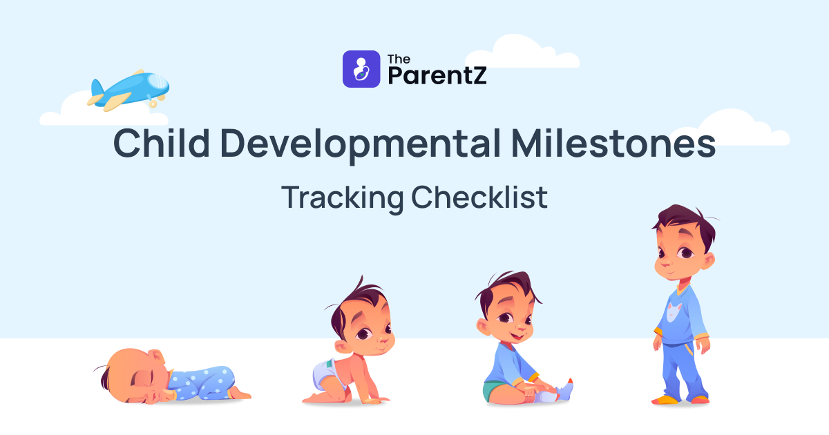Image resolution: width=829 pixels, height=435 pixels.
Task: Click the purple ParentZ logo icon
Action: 361,69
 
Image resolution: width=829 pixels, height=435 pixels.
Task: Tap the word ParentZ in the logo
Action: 437,75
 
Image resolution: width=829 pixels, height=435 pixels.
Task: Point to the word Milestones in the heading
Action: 613,144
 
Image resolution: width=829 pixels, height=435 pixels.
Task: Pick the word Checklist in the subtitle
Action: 479,198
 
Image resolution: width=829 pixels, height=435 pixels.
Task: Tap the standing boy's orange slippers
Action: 680,399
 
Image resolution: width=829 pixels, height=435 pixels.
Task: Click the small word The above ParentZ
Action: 399,59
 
